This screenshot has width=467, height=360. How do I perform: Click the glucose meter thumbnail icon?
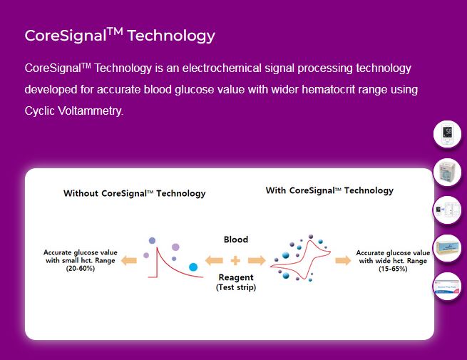(x=447, y=134)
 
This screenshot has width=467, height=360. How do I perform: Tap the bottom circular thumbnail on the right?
(x=447, y=287)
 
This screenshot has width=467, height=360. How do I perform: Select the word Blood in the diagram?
(x=236, y=240)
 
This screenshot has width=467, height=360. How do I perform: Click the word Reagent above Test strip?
(x=236, y=277)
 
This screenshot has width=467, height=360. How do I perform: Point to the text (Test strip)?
(x=236, y=287)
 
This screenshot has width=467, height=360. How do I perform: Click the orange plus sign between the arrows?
(x=235, y=260)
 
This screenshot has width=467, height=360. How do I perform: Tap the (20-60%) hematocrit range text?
(x=81, y=269)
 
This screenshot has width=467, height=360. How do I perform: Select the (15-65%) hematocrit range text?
(x=393, y=269)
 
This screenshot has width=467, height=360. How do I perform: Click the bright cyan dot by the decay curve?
(x=193, y=267)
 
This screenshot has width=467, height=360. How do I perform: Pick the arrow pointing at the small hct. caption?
(x=129, y=260)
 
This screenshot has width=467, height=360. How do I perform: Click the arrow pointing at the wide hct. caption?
(x=343, y=260)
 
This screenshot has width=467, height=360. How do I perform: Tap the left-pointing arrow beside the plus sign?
(x=214, y=260)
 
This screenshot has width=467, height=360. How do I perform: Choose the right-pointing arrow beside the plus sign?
(x=257, y=260)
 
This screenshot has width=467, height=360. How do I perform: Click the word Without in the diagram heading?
(x=81, y=194)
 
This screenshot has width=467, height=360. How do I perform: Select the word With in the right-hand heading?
(x=275, y=190)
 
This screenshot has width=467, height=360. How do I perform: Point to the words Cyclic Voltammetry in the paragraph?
(x=73, y=111)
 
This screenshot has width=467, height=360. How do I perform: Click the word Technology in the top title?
(x=171, y=36)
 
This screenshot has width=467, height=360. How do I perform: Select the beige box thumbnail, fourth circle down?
(x=447, y=248)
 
